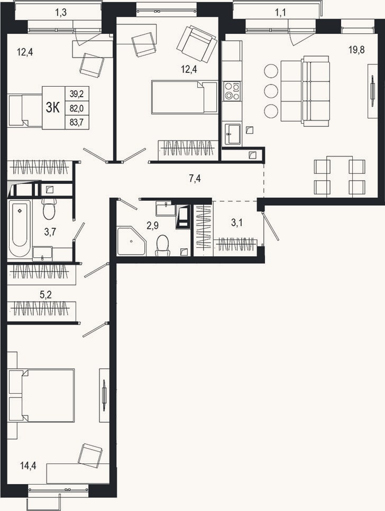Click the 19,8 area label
point(356,50)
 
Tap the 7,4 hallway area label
point(195,179)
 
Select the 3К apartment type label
point(53,108)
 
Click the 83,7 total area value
point(77,122)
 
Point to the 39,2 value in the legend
point(77,94)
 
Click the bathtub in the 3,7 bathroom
point(20,229)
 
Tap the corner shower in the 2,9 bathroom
point(131,241)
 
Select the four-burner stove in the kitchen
point(232,90)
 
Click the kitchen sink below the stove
point(232,134)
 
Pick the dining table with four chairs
point(340,176)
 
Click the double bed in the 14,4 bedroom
point(41,395)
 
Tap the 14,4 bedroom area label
point(28,466)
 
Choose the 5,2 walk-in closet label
point(45,295)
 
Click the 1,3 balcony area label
point(61,13)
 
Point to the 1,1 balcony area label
point(280,13)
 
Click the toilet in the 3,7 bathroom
point(49,209)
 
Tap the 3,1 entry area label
point(237,223)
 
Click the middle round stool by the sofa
point(271,91)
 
